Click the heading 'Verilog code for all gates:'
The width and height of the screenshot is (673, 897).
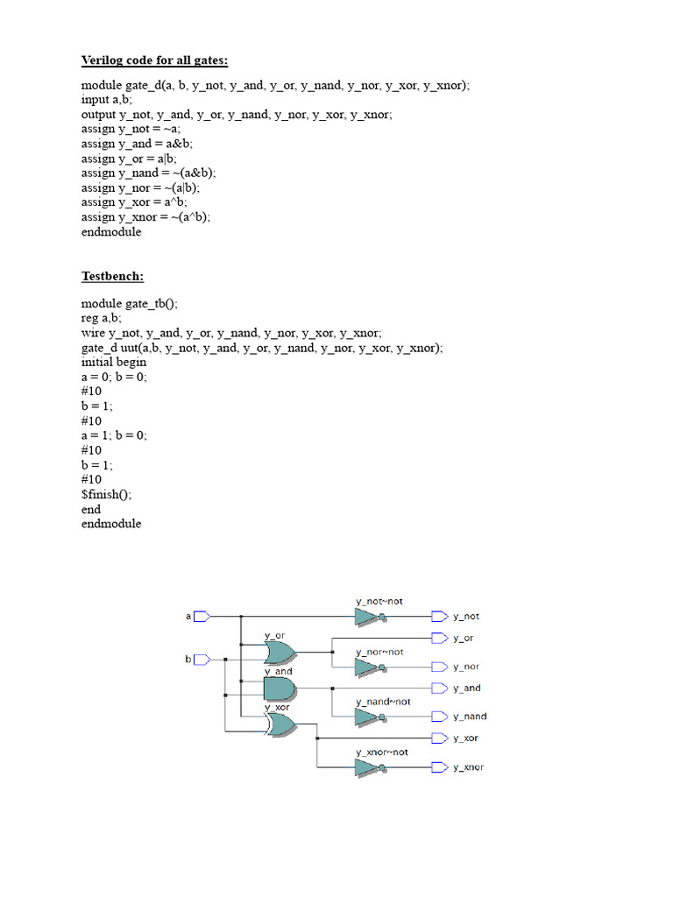tap(154, 60)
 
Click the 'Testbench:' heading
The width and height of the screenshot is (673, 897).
tap(113, 276)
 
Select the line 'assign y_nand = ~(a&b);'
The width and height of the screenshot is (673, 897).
tap(148, 173)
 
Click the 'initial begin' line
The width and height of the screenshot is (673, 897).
tap(114, 362)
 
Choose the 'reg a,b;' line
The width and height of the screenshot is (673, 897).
tap(102, 319)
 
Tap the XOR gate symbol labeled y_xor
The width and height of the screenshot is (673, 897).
tap(280, 724)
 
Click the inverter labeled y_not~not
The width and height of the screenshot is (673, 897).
tap(369, 618)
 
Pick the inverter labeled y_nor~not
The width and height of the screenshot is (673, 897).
tap(369, 667)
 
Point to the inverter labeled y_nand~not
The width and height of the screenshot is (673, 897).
tap(369, 717)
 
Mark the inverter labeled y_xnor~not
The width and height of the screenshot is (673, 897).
tap(369, 767)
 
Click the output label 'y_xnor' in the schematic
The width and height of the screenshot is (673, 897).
tap(468, 767)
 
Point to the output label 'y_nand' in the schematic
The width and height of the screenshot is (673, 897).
tap(470, 717)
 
